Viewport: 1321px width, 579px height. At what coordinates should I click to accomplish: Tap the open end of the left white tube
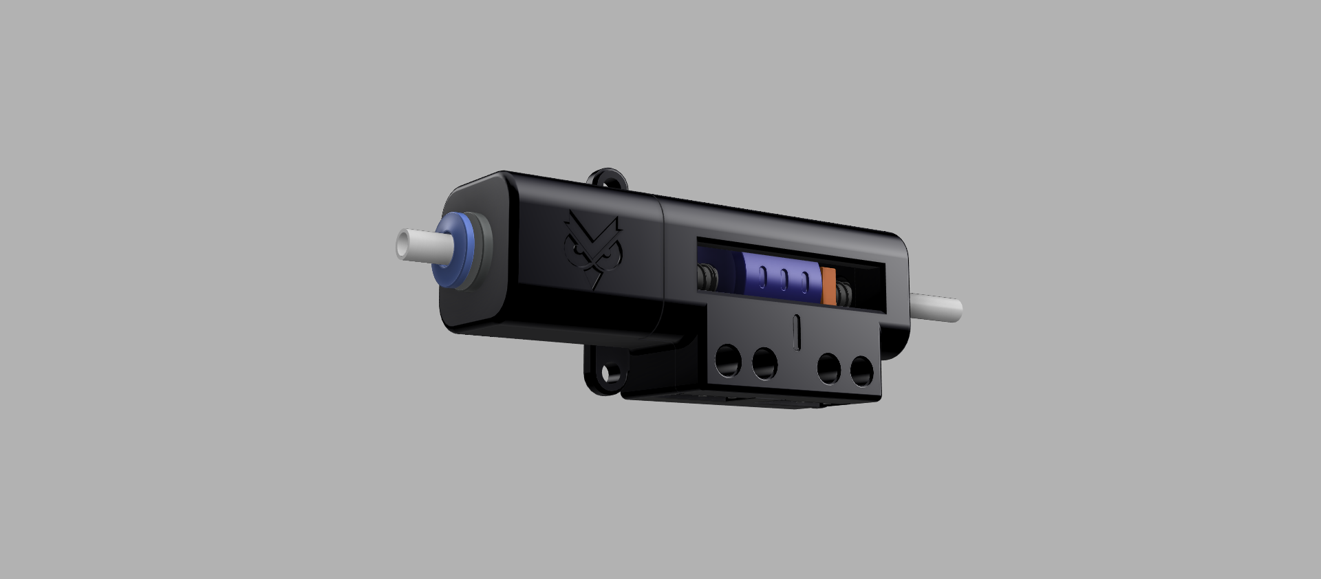[402, 244]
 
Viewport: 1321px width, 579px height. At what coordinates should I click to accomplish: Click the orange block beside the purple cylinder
[829, 286]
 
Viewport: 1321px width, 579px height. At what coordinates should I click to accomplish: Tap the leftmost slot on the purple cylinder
[763, 276]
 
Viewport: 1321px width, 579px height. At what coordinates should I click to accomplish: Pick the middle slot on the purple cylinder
[784, 280]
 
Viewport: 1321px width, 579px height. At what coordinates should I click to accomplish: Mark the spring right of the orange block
[844, 295]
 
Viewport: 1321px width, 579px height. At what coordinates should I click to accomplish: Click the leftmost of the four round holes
[727, 360]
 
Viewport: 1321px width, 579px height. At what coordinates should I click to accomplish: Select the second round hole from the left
[764, 364]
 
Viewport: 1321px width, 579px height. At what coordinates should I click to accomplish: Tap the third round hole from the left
[829, 369]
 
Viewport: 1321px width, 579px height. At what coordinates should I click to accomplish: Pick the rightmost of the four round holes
[861, 372]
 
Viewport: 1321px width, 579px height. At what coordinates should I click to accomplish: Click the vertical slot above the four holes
[797, 331]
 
